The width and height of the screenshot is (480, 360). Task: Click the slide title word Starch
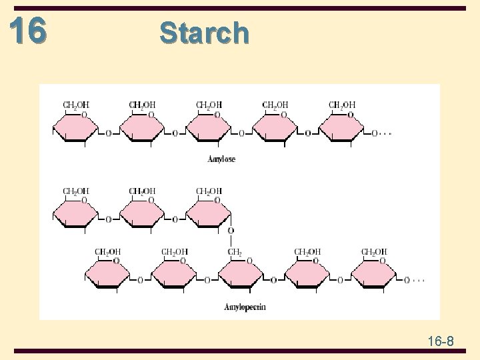[204, 33]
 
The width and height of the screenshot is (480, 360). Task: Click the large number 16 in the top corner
[29, 30]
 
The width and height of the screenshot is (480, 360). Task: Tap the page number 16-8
[441, 342]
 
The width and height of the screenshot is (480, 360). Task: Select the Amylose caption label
[221, 159]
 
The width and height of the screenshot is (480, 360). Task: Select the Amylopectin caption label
[245, 307]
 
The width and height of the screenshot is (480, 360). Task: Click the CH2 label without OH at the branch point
[235, 252]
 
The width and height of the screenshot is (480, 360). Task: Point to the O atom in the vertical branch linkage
[231, 231]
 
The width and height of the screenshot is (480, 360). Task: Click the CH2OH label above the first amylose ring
[75, 105]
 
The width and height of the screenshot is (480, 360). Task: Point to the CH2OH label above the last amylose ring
[342, 105]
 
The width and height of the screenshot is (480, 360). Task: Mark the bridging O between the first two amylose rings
[109, 133]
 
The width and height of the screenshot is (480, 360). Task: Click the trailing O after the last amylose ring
[375, 133]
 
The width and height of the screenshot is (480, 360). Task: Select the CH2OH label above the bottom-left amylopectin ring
[107, 252]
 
